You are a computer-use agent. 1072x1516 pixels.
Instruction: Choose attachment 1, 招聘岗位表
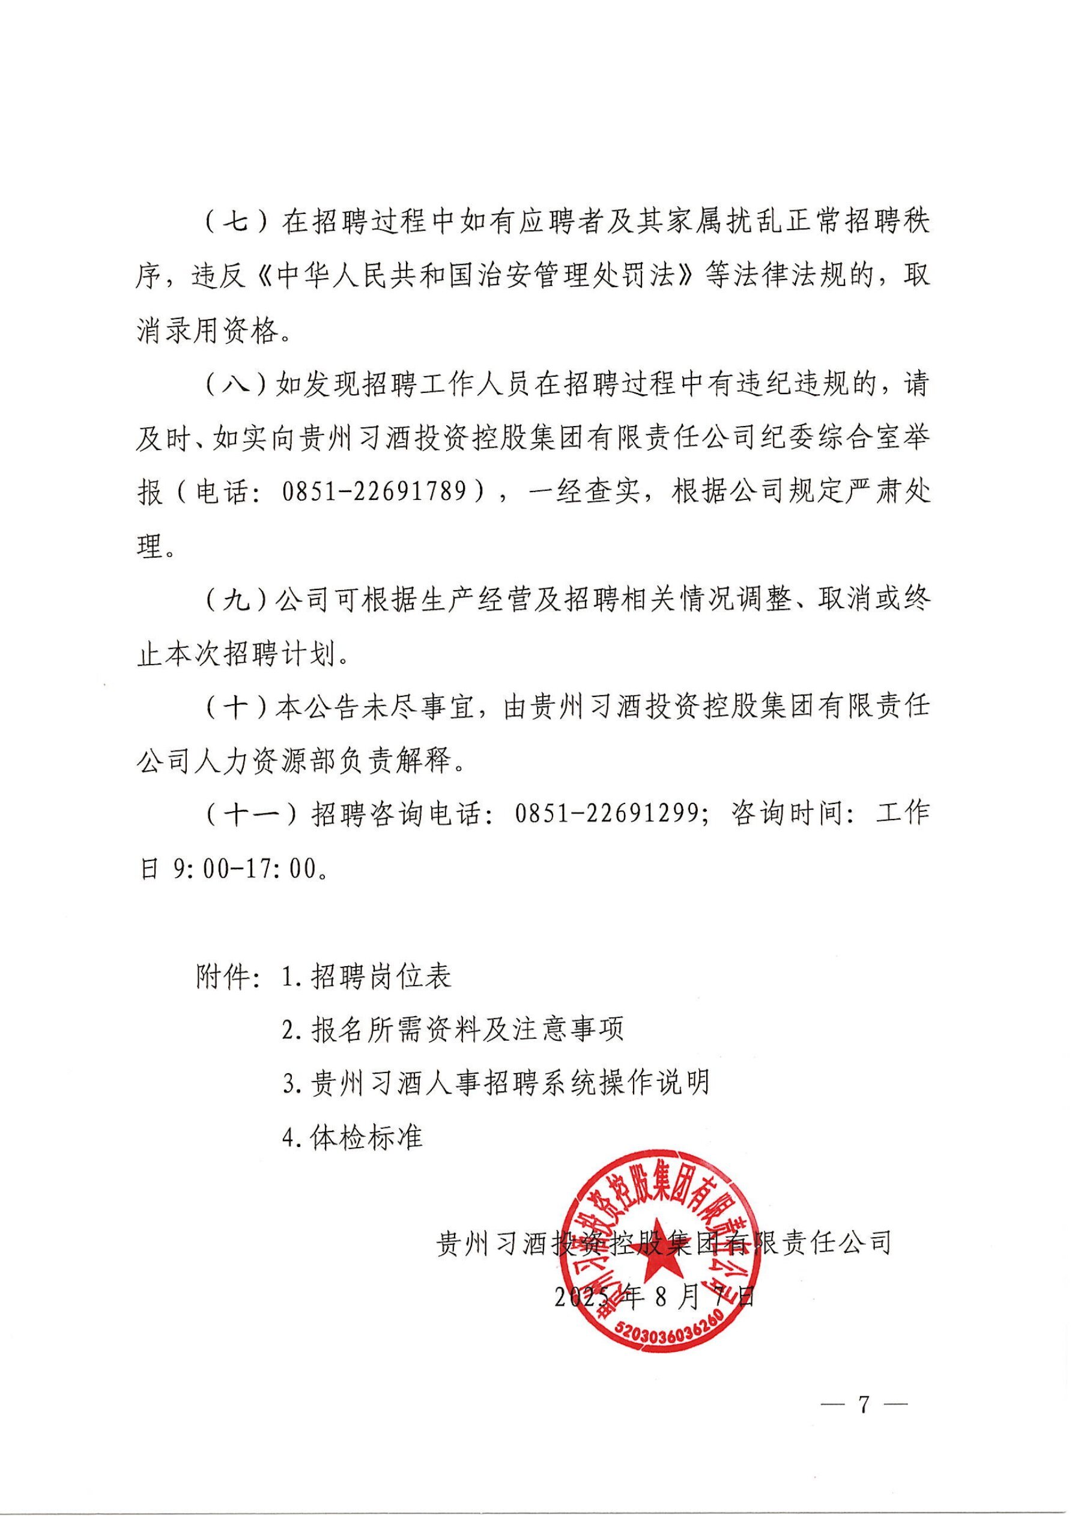[x=367, y=976]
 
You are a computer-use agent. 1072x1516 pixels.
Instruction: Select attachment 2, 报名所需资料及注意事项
[x=453, y=1030]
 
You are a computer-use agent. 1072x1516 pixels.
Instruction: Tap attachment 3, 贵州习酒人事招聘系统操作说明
[x=495, y=1083]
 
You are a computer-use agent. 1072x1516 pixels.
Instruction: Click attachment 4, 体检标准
[x=353, y=1137]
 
